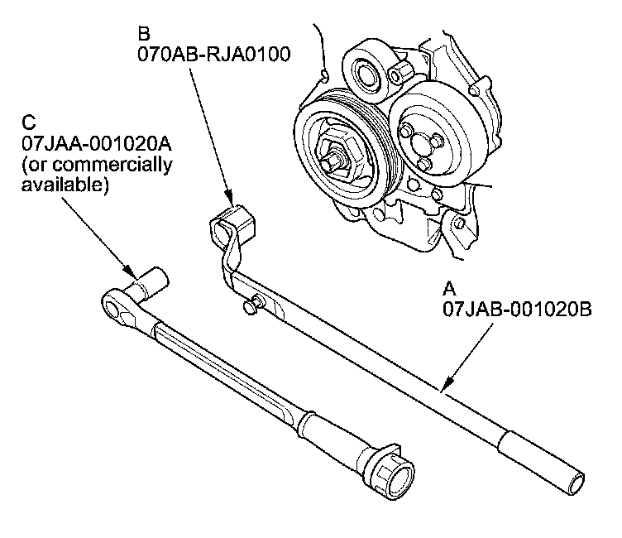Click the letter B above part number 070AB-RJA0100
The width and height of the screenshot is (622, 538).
coord(144,34)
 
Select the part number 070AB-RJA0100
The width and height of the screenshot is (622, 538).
coord(213,54)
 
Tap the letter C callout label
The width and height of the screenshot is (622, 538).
coord(29,122)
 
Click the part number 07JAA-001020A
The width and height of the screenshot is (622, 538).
coord(97,144)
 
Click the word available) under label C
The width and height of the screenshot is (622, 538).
coord(65,185)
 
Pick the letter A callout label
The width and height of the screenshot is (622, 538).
coord(449,289)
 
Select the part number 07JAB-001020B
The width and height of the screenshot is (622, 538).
coord(517,310)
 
